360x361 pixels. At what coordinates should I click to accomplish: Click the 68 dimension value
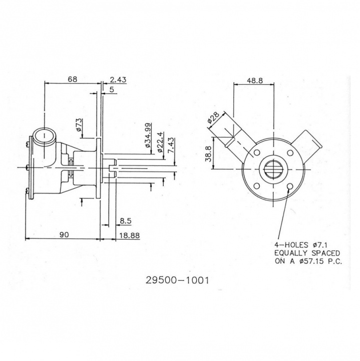coord(73,79)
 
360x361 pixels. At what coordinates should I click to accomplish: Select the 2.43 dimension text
coord(118,79)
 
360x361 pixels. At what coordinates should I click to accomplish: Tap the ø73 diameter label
coord(79,125)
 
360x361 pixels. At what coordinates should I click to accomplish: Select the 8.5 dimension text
coord(126,220)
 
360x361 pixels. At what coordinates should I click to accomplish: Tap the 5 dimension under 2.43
coord(111,89)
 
